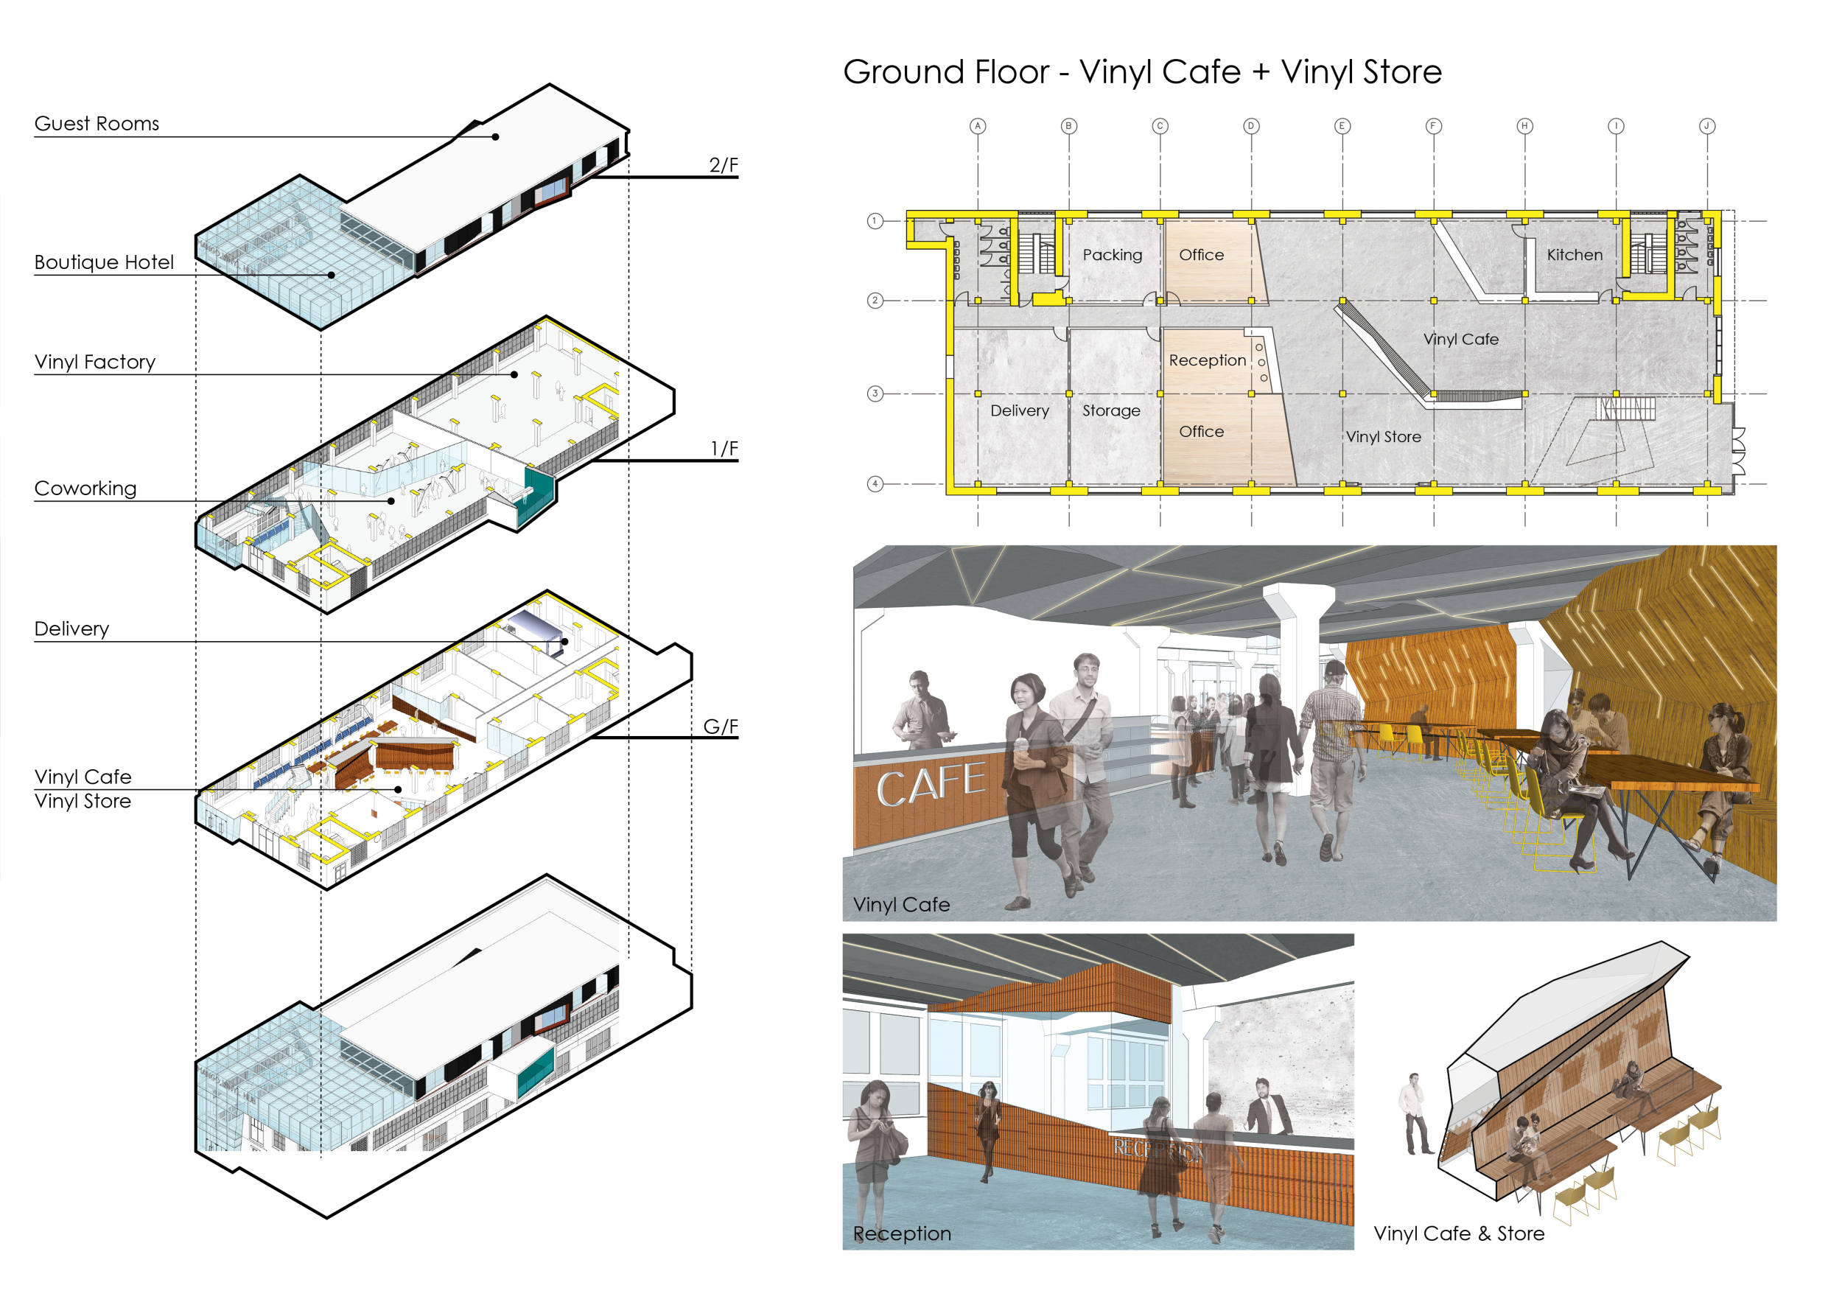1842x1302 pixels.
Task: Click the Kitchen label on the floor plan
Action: coord(1574,254)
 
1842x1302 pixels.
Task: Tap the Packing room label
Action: coord(1112,255)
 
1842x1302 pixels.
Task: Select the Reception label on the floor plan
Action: coord(1208,360)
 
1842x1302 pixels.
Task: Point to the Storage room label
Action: coord(1111,410)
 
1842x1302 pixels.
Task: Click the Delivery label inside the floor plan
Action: coord(1020,410)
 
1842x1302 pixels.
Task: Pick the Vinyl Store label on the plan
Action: coord(1383,436)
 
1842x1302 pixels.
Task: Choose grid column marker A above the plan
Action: coord(977,126)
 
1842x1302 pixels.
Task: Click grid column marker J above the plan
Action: coord(1706,126)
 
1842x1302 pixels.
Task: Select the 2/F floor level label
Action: coord(723,164)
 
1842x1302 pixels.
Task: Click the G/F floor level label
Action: coord(721,726)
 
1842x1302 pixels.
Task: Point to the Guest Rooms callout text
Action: coord(97,124)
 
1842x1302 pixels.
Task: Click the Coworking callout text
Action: coord(85,489)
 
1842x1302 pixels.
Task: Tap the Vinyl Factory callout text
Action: coord(94,362)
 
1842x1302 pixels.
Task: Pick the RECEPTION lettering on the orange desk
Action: coord(1159,1150)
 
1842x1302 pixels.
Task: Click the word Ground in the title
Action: coord(946,72)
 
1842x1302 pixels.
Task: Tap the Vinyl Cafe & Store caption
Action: coord(1459,1233)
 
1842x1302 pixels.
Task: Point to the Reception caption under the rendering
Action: coord(902,1233)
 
